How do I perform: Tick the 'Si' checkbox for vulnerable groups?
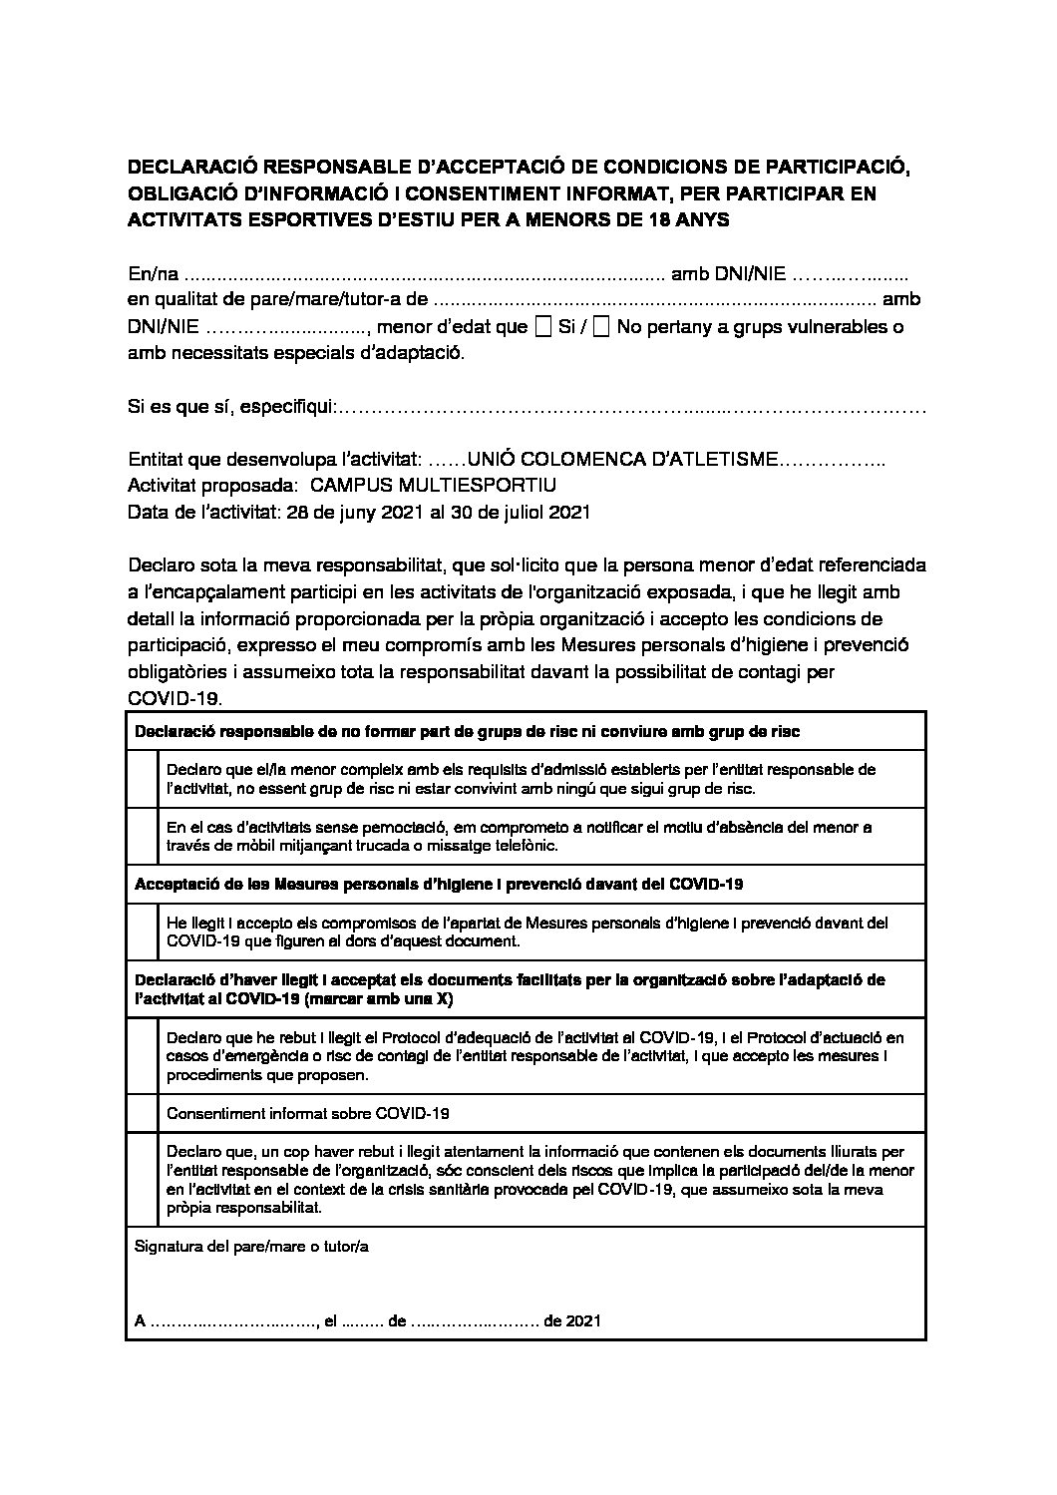(x=543, y=327)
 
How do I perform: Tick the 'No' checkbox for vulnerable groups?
(x=601, y=327)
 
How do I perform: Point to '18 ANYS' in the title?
(x=697, y=221)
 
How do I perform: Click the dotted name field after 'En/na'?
(x=425, y=272)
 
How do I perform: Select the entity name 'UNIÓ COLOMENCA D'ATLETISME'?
(x=623, y=460)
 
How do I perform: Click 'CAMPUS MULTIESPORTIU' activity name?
(x=434, y=486)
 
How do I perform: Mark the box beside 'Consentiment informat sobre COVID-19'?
(x=143, y=1113)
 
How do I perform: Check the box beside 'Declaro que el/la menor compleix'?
(x=143, y=779)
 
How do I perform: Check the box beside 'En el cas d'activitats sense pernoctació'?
(x=143, y=836)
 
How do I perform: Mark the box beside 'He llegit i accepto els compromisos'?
(x=143, y=932)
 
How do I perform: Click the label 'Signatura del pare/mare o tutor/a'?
(x=251, y=1247)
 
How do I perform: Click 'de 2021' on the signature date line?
(x=572, y=1321)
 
